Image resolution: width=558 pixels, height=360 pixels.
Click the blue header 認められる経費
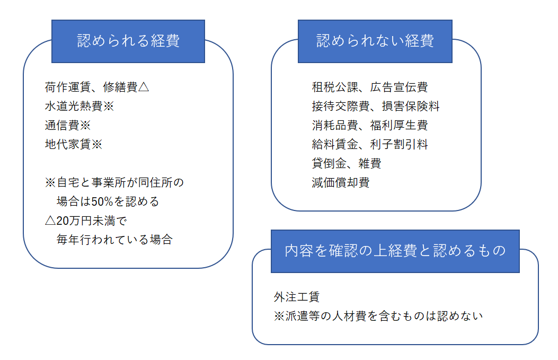128,41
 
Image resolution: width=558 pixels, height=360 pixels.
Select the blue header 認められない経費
375,41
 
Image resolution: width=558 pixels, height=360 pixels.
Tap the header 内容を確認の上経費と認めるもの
395,251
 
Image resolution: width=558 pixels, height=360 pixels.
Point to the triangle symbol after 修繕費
144,87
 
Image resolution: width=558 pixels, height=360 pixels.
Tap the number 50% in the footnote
102,201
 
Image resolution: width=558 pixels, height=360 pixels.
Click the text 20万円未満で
92,221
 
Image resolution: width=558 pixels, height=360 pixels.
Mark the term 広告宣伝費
399,87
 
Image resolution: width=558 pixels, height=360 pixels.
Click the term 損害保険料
411,106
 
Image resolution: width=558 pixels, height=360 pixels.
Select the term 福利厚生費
399,125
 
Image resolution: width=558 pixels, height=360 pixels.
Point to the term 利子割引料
399,144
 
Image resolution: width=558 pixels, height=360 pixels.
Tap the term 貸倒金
329,163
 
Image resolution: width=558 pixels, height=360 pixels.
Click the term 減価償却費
341,183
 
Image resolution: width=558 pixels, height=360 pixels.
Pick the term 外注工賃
297,297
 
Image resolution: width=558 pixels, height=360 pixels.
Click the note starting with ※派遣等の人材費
378,316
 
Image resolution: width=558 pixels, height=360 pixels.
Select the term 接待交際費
341,106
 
